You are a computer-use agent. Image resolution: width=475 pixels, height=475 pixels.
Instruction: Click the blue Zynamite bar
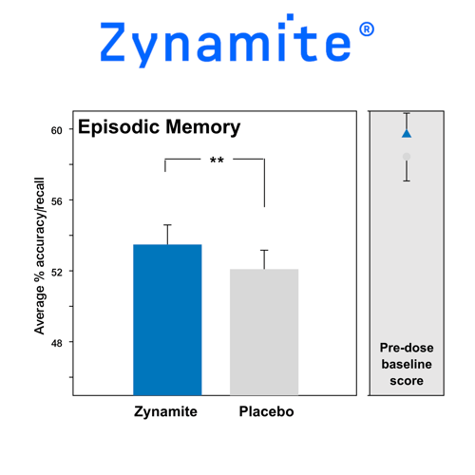(167, 320)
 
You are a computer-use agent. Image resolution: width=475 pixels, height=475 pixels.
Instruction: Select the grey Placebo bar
(264, 332)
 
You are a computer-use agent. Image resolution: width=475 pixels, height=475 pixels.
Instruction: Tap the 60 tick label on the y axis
(57, 130)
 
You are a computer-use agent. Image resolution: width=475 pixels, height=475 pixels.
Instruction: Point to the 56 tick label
(57, 201)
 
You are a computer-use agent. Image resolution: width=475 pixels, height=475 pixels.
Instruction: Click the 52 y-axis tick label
(57, 273)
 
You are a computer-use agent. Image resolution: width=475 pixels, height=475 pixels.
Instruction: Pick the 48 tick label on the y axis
(57, 343)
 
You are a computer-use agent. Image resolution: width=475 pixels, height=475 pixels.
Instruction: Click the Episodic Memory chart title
(159, 127)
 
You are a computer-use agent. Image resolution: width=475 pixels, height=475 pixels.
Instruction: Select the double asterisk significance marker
(217, 160)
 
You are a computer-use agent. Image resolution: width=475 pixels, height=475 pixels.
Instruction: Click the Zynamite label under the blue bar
(165, 411)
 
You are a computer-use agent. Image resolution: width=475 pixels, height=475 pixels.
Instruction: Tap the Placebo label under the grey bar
(266, 411)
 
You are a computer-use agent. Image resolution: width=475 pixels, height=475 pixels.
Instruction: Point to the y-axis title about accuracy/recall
(40, 256)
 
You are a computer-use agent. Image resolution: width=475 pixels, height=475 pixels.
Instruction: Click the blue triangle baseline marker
(407, 133)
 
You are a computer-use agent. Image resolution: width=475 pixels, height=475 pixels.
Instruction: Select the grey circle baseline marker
(407, 157)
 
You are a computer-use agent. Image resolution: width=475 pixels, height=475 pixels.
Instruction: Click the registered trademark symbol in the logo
(367, 29)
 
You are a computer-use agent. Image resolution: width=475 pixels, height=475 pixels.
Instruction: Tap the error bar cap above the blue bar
(167, 225)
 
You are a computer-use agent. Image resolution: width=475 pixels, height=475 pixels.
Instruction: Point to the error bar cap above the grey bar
(264, 250)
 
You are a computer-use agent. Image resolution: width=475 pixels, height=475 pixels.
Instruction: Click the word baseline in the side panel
(407, 364)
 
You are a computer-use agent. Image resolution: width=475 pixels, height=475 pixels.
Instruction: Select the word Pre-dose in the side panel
(407, 348)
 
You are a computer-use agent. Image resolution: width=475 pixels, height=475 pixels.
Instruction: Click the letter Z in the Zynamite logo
(112, 42)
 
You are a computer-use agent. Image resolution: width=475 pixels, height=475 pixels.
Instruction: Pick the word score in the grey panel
(407, 381)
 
